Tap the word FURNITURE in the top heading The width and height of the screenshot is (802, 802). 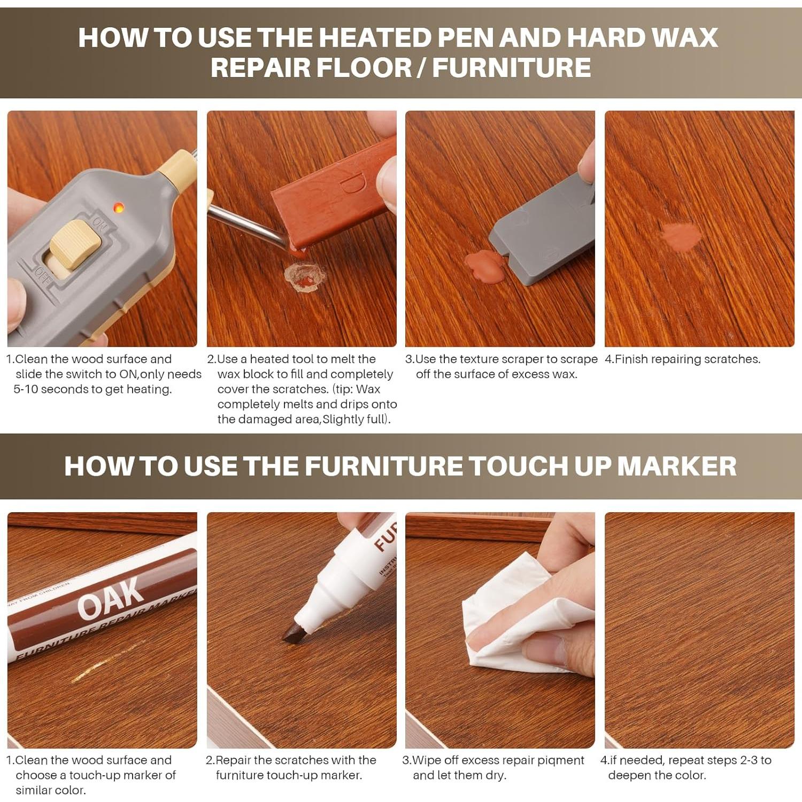pyautogui.click(x=512, y=68)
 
